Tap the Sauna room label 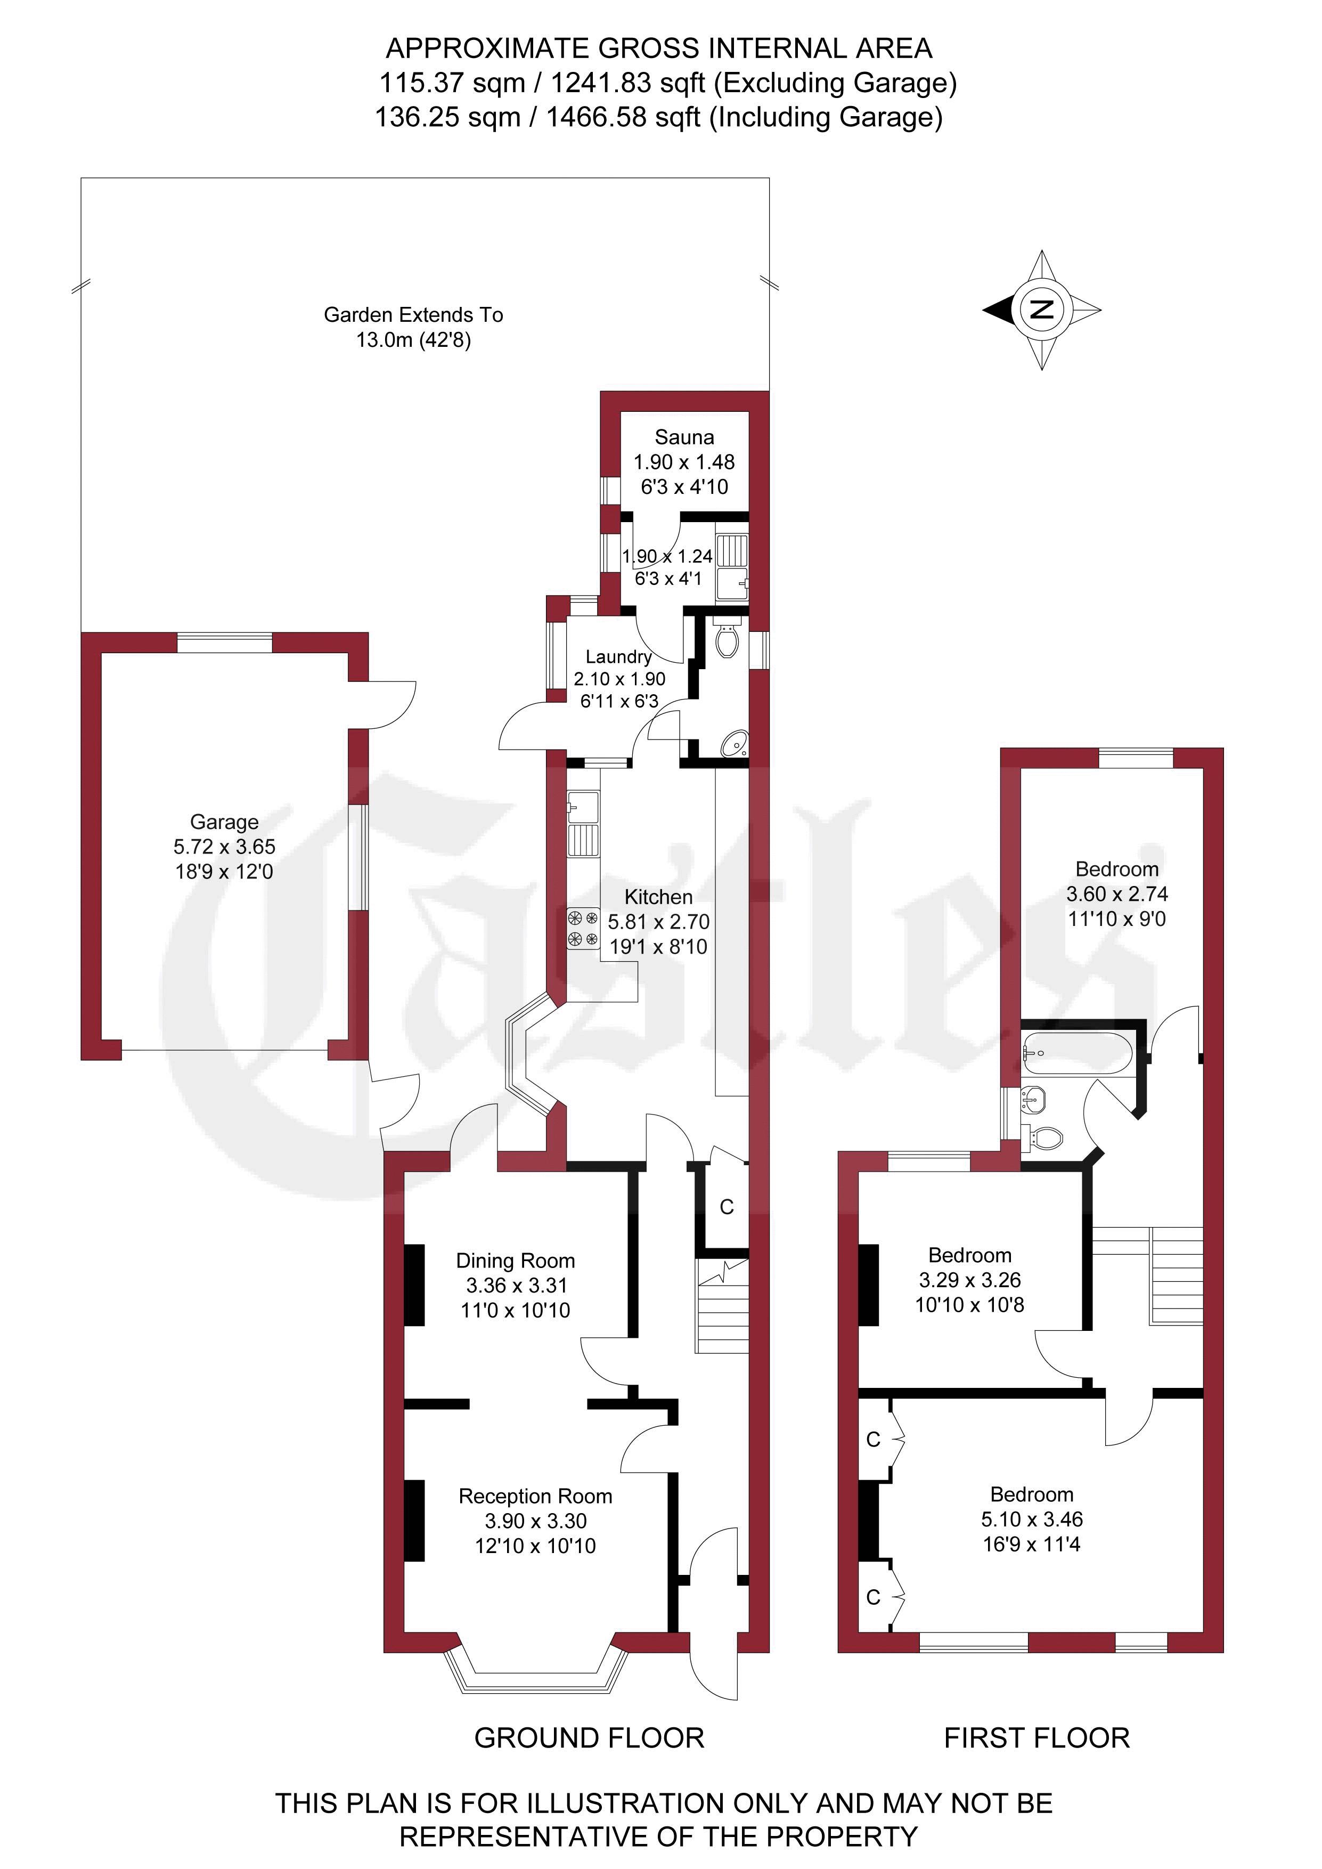click(684, 437)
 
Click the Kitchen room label click(658, 897)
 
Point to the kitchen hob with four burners click(583, 930)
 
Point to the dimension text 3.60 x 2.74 click(1117, 894)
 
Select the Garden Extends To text click(413, 315)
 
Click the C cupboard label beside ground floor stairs click(727, 1206)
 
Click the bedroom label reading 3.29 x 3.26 click(969, 1280)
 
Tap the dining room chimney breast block click(414, 1285)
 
